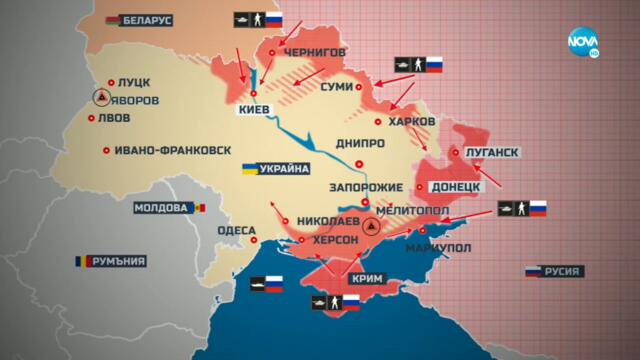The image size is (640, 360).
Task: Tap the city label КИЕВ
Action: pyautogui.click(x=250, y=111)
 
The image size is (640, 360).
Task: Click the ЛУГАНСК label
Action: pyautogui.click(x=492, y=153)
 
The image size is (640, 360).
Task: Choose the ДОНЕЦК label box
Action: pyautogui.click(x=456, y=187)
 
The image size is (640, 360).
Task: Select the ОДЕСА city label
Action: pyautogui.click(x=238, y=229)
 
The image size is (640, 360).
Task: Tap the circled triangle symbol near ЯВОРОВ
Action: pyautogui.click(x=101, y=98)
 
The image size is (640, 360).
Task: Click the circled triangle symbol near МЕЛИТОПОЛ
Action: pyautogui.click(x=370, y=227)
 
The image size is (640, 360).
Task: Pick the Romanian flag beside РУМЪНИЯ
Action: pyautogui.click(x=79, y=261)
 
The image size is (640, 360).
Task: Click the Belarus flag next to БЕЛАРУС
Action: pyautogui.click(x=106, y=19)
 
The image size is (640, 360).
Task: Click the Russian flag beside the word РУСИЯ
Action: pyautogui.click(x=534, y=271)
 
